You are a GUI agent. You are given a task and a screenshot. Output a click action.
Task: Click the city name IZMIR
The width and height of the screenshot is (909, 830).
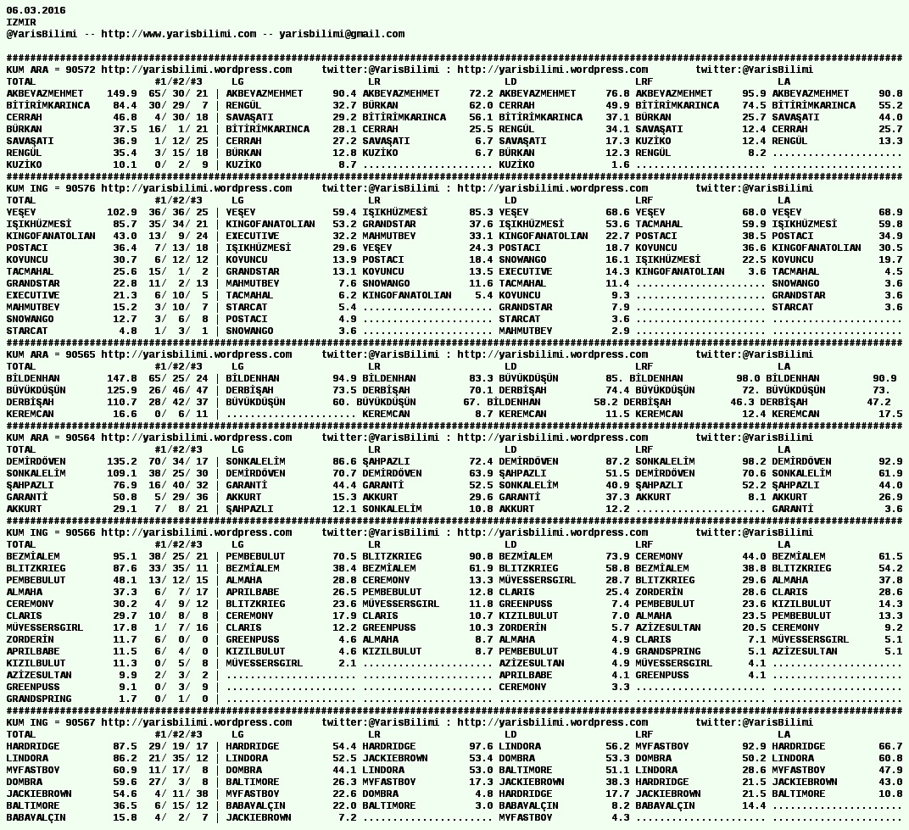pos(21,22)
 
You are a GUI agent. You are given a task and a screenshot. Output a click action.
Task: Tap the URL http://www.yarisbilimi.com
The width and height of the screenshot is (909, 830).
pos(178,34)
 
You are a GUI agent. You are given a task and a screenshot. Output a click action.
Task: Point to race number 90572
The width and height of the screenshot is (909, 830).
pos(81,70)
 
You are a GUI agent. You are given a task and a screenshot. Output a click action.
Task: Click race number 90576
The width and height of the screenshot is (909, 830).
pos(81,188)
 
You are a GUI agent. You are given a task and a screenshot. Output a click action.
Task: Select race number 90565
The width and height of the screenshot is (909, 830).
pos(81,354)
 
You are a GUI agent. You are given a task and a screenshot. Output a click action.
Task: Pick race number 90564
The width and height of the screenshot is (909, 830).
pos(81,437)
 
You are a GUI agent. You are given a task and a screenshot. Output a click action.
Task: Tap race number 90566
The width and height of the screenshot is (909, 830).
pos(81,532)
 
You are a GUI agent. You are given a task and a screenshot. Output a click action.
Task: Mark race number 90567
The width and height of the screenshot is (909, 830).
pos(81,722)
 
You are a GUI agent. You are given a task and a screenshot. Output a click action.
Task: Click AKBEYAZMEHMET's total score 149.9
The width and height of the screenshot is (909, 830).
pos(122,93)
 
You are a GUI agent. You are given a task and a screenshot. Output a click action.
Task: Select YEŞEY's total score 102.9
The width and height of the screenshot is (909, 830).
pos(122,212)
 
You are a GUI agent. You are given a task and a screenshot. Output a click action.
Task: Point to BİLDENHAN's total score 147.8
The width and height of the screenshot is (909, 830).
pos(122,378)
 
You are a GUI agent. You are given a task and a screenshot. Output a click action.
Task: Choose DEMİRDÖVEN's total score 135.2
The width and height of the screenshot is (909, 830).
pos(122,461)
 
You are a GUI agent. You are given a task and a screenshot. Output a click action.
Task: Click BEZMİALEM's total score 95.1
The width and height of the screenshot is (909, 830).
pos(125,556)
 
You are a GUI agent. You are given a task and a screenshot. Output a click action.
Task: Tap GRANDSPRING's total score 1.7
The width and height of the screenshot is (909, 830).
pos(128,699)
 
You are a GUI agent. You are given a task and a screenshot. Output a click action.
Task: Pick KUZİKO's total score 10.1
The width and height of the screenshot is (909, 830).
pos(125,164)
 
